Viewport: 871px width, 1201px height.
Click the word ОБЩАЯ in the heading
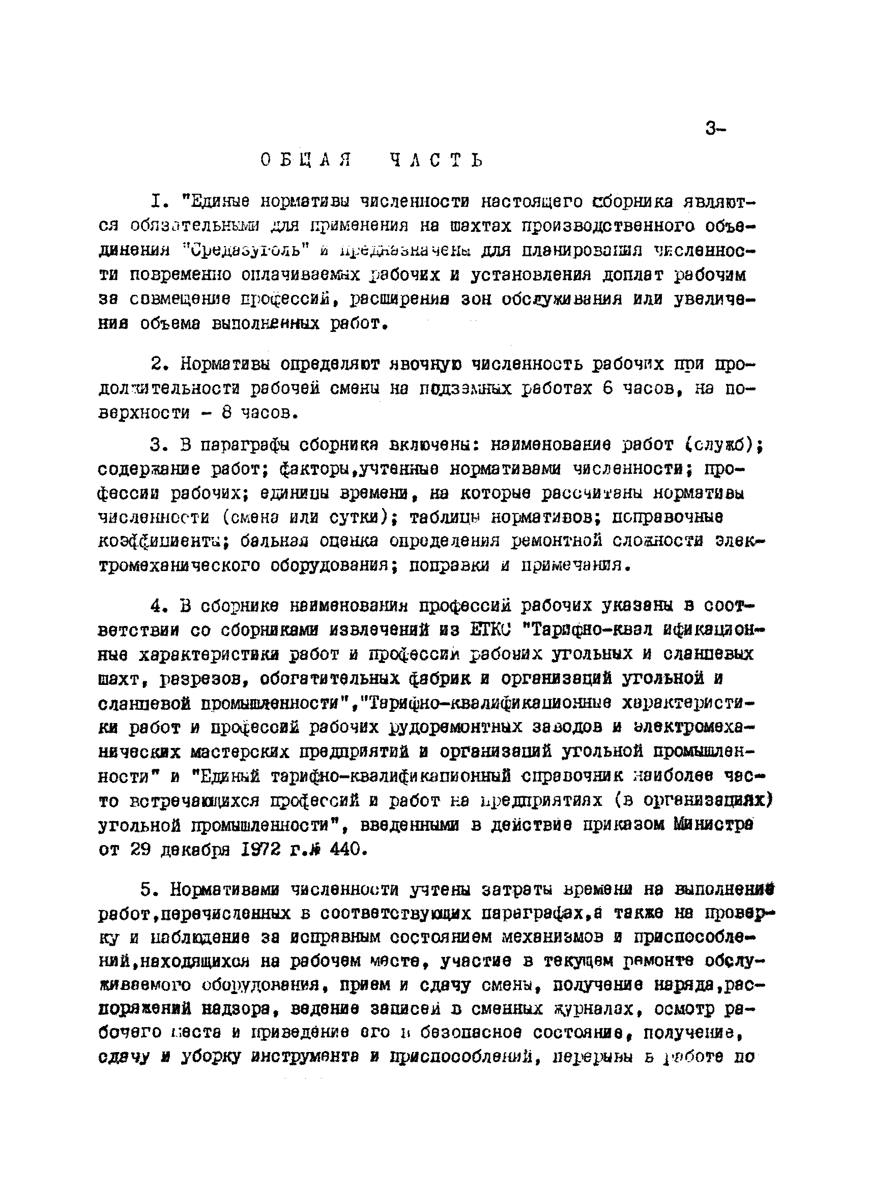[x=307, y=160]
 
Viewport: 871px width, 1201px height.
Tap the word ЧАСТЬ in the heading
[x=436, y=160]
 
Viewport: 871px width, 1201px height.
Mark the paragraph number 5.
[x=147, y=890]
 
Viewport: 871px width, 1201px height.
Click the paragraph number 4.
[x=156, y=605]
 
